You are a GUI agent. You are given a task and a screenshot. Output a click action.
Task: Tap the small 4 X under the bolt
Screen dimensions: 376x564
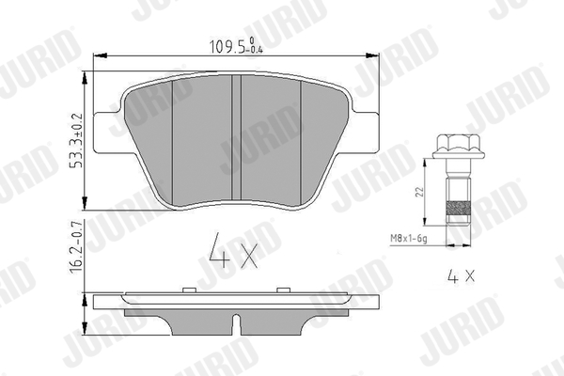(x=459, y=277)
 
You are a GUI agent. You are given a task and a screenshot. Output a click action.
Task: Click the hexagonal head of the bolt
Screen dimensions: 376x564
(x=454, y=147)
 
